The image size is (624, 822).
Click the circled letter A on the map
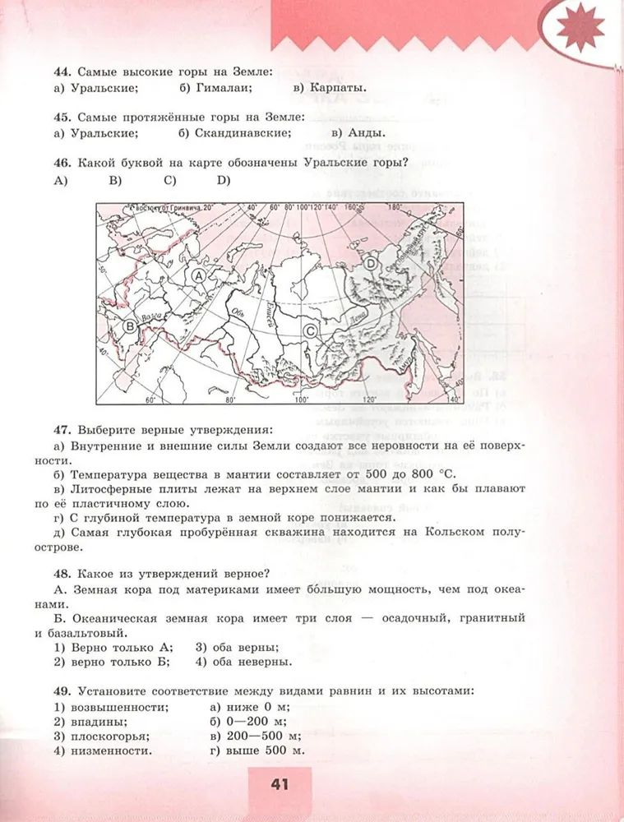197,277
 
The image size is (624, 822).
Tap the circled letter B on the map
129,327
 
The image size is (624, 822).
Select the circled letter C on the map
311,330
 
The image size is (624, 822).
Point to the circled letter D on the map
371,264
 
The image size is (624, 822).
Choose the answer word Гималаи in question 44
220,88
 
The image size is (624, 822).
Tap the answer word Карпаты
337,88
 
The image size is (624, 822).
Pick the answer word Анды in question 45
366,132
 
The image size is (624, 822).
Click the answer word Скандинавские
243,132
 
